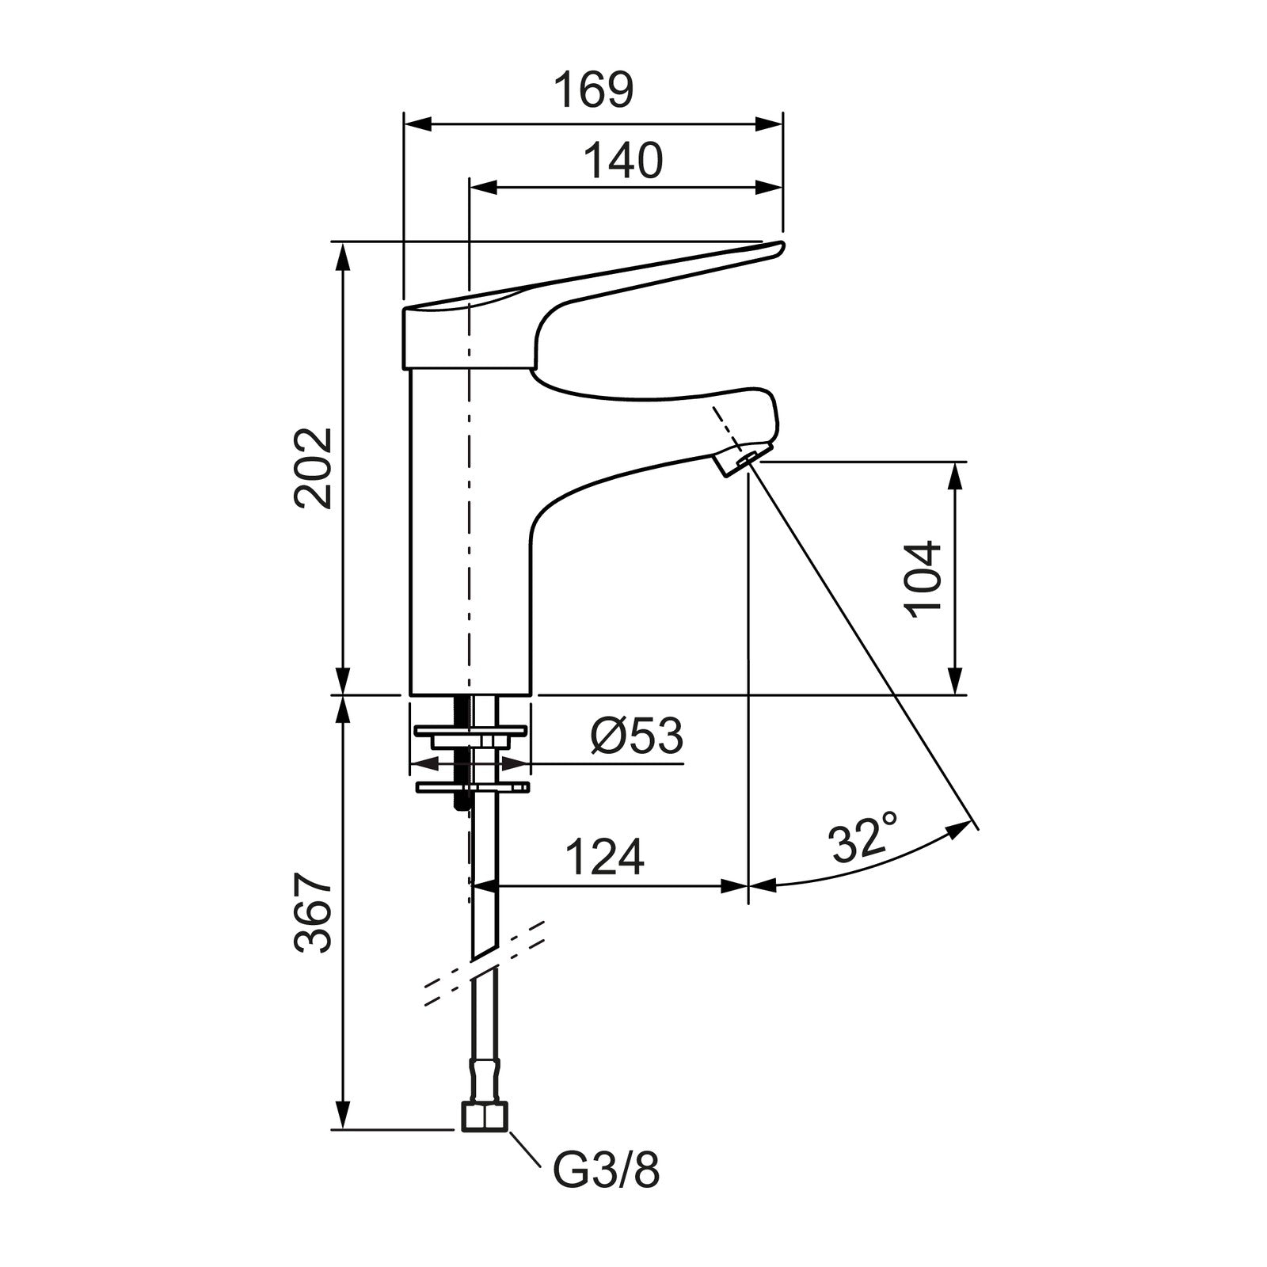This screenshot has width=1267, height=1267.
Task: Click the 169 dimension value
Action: pos(593,90)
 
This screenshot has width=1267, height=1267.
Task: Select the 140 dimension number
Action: pos(623,161)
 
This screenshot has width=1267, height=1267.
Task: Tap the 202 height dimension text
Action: pos(313,468)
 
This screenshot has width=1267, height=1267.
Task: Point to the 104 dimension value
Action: pos(923,579)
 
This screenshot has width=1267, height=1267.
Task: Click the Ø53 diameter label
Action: pos(636,736)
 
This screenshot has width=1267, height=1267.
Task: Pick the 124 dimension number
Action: pos(605,857)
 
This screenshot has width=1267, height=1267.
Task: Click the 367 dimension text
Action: pos(313,913)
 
